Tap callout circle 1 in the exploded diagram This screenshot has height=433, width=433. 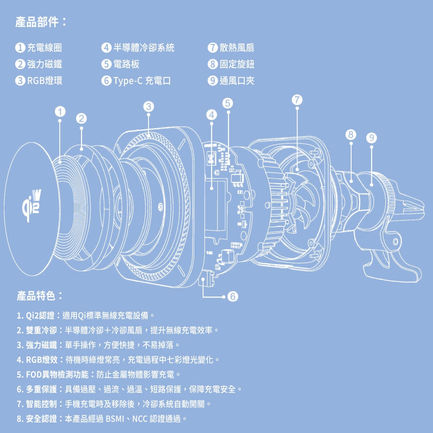(60, 111)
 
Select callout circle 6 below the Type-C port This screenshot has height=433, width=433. (233, 297)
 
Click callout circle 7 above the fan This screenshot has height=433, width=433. (296, 99)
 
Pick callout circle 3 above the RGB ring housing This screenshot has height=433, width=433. (148, 106)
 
